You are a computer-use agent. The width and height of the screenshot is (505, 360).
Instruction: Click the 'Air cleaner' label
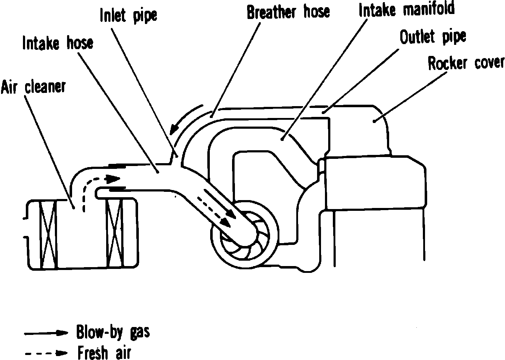pos(33,87)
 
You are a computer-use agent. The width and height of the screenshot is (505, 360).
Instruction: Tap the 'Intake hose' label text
pos(57,43)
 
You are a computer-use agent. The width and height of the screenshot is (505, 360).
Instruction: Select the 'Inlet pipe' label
pos(128,15)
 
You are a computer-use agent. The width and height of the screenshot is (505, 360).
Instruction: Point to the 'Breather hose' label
pos(288,12)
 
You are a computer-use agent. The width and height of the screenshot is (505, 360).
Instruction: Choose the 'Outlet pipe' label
pos(433,37)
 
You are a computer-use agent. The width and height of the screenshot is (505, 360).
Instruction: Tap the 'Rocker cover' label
pos(466,63)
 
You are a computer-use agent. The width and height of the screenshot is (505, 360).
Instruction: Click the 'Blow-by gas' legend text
pos(113,332)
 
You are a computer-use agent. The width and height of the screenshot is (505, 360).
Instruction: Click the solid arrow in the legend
pos(46,333)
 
